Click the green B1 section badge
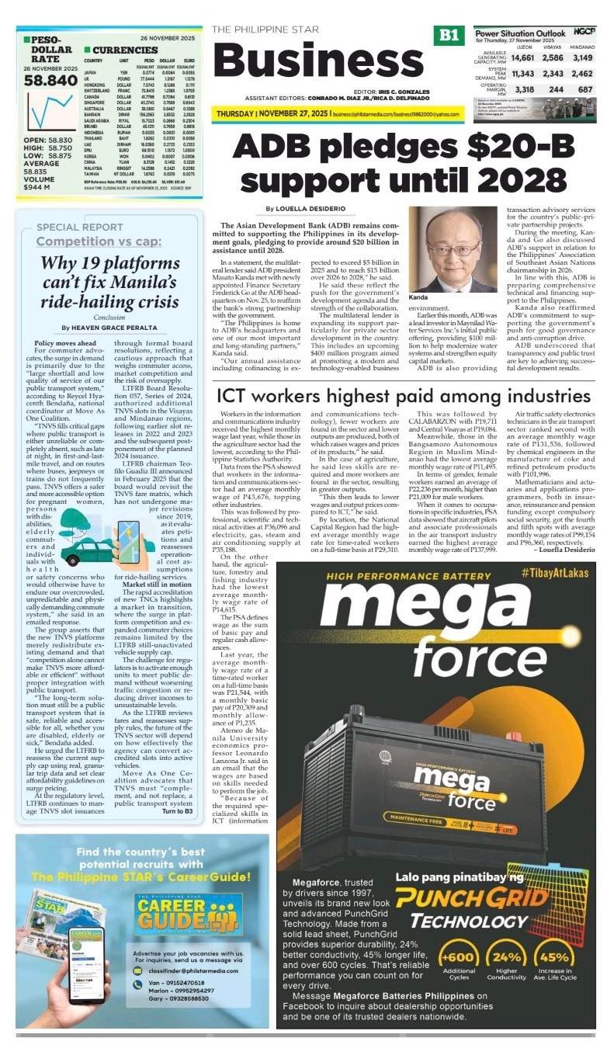pos(449,35)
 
